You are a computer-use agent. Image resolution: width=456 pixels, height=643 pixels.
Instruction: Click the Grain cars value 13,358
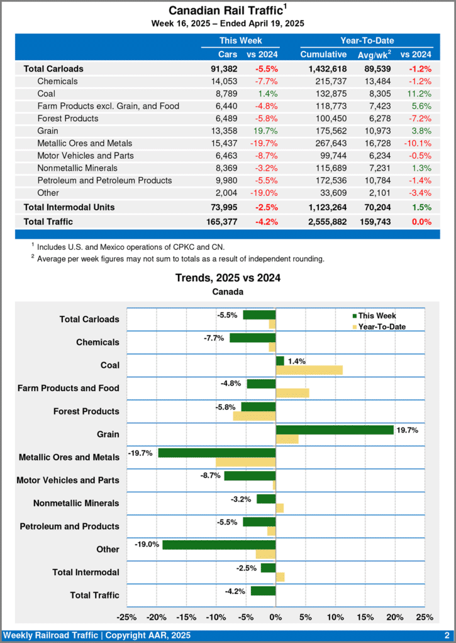click(x=224, y=131)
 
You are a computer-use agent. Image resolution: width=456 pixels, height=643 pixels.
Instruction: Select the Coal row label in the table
click(x=47, y=94)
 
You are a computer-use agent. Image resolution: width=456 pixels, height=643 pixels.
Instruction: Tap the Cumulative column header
click(x=323, y=55)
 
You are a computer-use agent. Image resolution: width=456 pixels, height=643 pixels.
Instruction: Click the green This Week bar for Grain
click(x=335, y=430)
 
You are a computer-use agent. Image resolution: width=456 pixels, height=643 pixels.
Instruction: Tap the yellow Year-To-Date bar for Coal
click(x=309, y=370)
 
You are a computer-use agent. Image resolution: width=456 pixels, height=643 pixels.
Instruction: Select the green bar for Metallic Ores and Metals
click(x=217, y=453)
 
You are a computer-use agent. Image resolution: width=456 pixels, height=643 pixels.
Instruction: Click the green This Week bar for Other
click(x=219, y=544)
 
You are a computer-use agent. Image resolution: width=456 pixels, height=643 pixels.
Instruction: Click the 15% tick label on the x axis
click(x=365, y=617)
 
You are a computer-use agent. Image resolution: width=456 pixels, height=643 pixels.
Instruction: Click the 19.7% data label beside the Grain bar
click(x=406, y=430)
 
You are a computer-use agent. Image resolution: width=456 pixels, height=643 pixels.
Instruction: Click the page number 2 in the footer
click(x=446, y=635)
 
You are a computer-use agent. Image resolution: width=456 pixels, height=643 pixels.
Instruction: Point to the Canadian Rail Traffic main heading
click(x=225, y=11)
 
